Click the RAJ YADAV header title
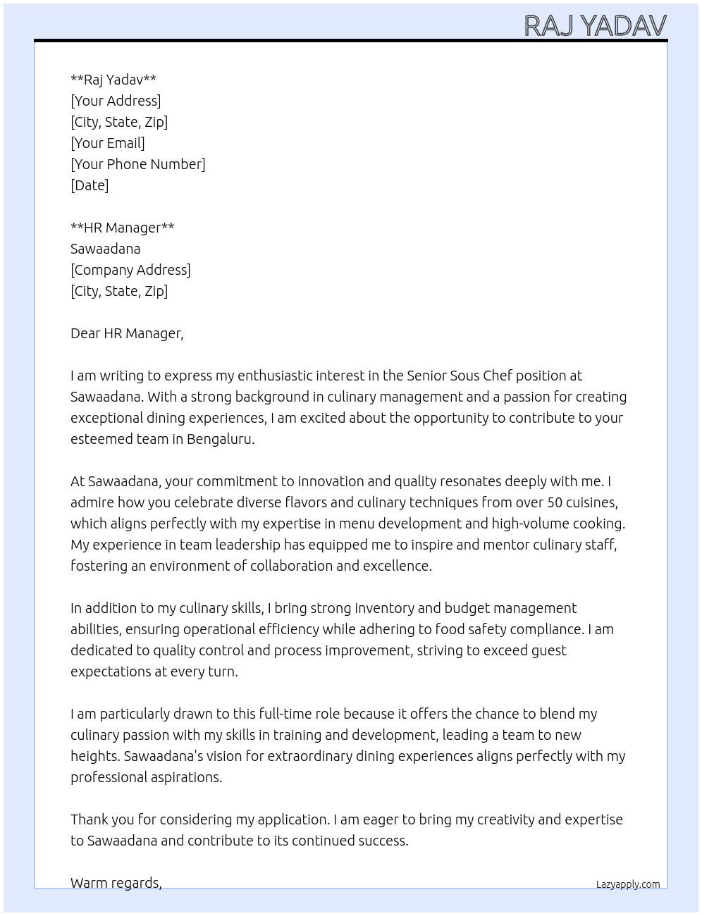pos(596,26)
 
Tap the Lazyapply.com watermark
pos(628,884)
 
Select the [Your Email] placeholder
pos(108,143)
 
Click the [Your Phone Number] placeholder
pos(138,164)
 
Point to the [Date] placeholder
pos(90,185)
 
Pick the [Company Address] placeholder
pos(130,270)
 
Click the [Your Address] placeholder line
pos(116,101)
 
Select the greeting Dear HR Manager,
pos(127,333)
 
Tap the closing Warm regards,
pos(116,883)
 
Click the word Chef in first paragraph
pos(498,376)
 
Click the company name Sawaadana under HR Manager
pos(106,249)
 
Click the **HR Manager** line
pos(123,228)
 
